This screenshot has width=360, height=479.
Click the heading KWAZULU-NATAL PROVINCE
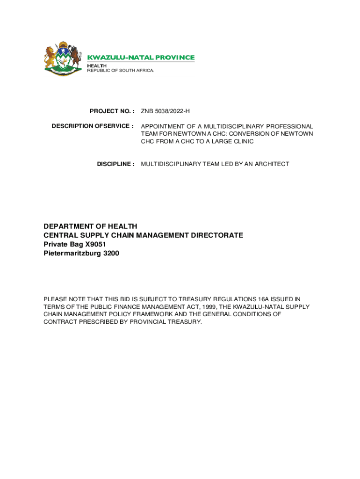click(141, 58)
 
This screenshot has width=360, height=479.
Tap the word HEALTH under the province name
click(97, 65)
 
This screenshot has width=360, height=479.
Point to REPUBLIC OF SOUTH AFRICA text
click(120, 71)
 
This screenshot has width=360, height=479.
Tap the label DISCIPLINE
click(115, 164)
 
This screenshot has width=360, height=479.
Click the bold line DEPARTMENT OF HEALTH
click(90, 226)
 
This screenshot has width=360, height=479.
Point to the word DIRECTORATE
click(214, 235)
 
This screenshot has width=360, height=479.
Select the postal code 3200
click(111, 253)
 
